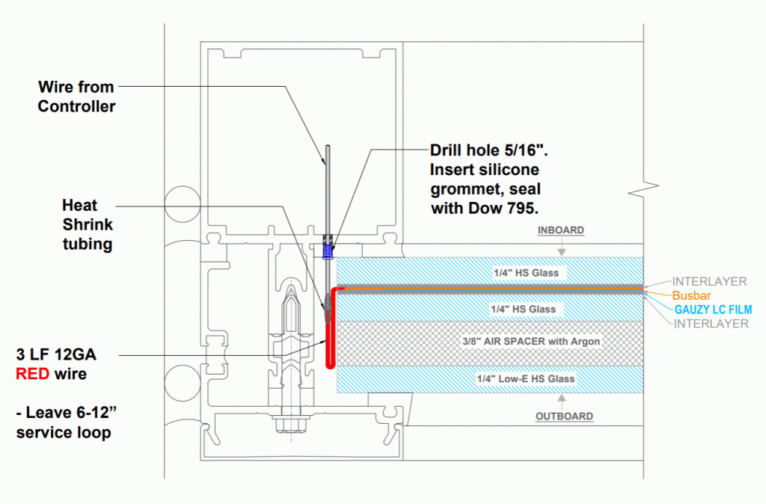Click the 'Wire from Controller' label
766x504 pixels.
click(77, 97)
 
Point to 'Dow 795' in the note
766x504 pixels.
click(510, 208)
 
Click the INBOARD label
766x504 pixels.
click(560, 230)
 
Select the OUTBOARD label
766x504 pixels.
click(565, 416)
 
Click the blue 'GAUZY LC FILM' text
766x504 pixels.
click(713, 309)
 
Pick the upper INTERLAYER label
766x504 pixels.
click(709, 282)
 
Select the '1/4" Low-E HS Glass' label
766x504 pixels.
click(525, 379)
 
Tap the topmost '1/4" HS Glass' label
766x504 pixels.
click(525, 273)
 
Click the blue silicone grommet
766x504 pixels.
click(327, 248)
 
